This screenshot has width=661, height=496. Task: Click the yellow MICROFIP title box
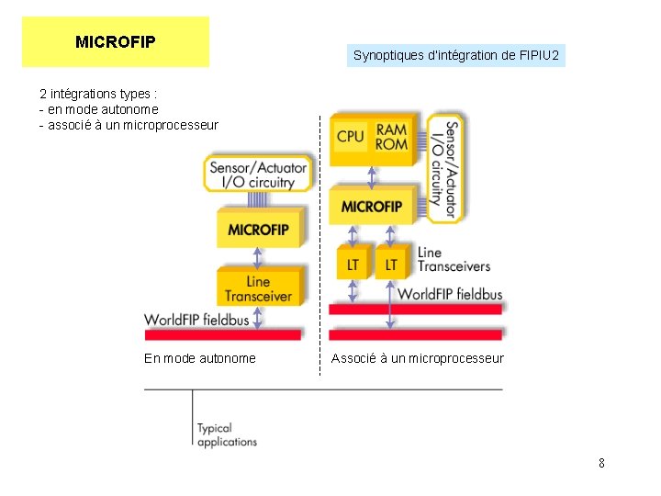point(116,42)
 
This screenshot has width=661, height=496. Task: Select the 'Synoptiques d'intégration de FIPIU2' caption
point(455,55)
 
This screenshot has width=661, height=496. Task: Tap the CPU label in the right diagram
point(351,136)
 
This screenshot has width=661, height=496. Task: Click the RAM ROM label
point(392,138)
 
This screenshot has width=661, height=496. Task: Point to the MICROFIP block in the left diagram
point(258,229)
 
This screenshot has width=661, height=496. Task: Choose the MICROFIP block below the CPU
point(372,207)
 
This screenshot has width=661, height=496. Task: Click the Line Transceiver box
point(258,288)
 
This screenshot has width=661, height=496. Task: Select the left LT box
point(353,264)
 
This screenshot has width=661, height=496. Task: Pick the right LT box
point(392,264)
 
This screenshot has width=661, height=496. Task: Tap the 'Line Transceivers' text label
point(453,259)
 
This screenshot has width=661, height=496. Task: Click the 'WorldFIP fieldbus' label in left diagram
point(196,319)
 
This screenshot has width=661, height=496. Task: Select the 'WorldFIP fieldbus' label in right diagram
point(450,294)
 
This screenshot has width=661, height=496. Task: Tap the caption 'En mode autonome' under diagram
point(200,358)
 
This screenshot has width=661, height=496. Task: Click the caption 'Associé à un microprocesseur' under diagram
point(418,358)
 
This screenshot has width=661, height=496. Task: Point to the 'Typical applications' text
point(227,434)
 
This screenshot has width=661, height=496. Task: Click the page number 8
point(601,463)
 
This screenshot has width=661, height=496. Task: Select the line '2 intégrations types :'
point(98,94)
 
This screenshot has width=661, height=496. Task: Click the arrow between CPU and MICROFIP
point(372,176)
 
